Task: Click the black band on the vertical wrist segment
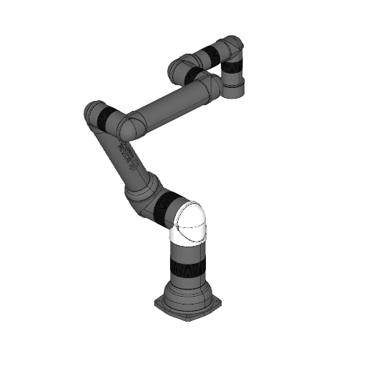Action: pos(233,70)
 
